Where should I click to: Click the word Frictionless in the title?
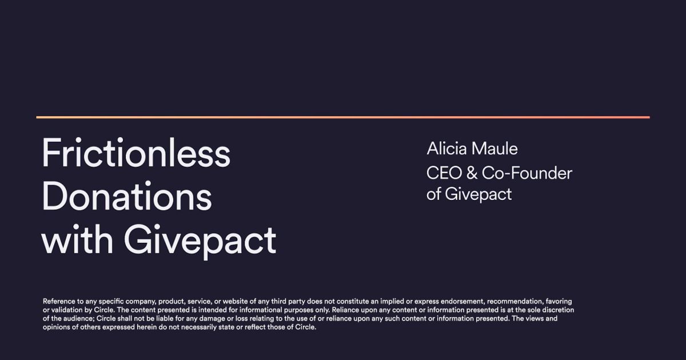tap(136, 153)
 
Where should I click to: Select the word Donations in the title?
tap(127, 197)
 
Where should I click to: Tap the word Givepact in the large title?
tap(200, 241)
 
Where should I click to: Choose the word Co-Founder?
tap(527, 173)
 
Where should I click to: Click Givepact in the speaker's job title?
tap(478, 194)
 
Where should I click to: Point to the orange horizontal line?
tap(343, 117)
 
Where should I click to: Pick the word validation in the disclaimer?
tap(67, 310)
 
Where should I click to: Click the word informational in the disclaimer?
tap(244, 310)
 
